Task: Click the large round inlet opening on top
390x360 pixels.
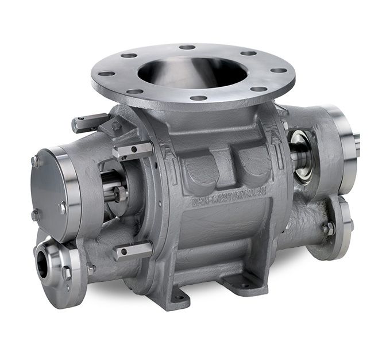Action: coord(192,71)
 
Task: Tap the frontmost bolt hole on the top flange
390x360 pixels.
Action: coord(198,98)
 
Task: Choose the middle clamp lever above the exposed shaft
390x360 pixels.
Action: coord(133,151)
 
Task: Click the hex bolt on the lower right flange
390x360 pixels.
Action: coord(329,228)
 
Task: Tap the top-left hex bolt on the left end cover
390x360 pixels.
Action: coord(35,161)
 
